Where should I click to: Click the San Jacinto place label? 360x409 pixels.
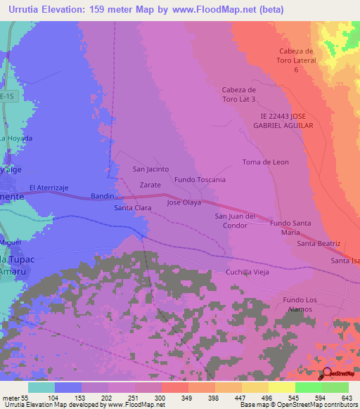click(x=150, y=169)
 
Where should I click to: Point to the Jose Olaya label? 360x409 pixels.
click(x=184, y=202)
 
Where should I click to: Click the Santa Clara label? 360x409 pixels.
click(x=133, y=209)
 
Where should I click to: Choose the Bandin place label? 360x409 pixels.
click(x=102, y=197)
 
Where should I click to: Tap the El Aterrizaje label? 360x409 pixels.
click(x=49, y=188)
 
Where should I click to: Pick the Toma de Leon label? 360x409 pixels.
click(x=265, y=162)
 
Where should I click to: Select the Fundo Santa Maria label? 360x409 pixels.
click(x=290, y=227)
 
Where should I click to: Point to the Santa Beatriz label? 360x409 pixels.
click(x=319, y=243)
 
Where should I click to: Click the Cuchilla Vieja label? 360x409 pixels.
click(x=247, y=272)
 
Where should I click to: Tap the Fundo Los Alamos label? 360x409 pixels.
click(x=300, y=305)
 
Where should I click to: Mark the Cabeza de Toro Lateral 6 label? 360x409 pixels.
click(x=300, y=60)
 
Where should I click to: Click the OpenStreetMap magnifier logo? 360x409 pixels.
click(x=326, y=372)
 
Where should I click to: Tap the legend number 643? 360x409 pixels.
click(x=348, y=398)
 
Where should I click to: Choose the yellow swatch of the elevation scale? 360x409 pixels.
click(x=282, y=387)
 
